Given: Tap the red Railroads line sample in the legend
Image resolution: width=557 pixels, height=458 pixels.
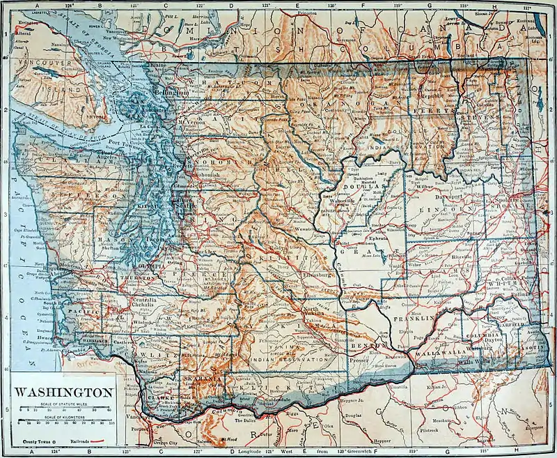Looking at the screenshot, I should (104, 441).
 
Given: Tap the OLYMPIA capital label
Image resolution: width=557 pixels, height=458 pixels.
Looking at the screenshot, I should (148, 266).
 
